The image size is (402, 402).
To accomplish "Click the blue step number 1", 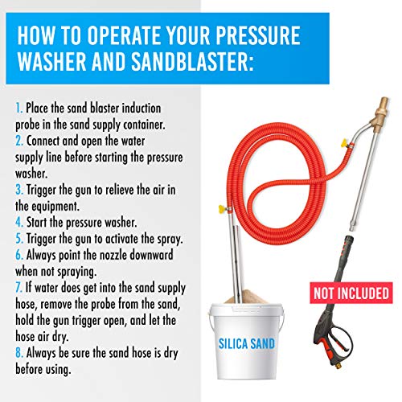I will coord(18,106).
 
